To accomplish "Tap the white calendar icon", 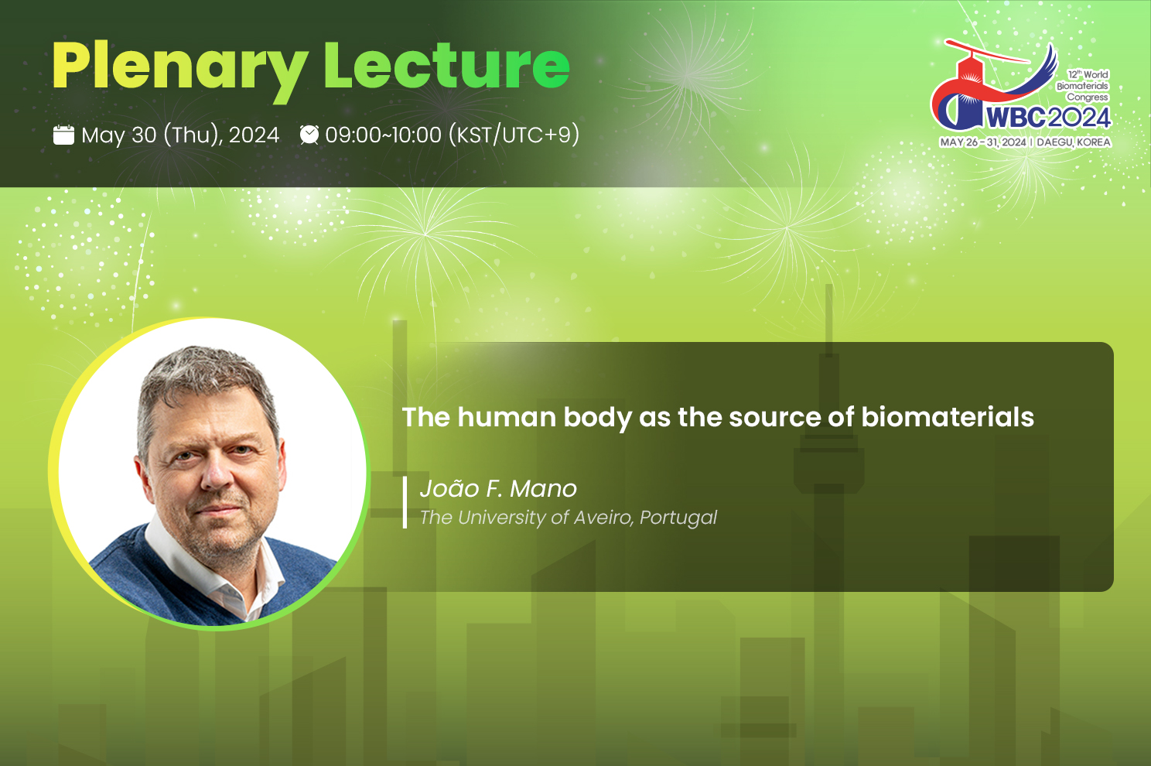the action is [x=63, y=135].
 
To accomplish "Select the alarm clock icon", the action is [x=309, y=135].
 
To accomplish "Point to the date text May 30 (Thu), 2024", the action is [x=180, y=135].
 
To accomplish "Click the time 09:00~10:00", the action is [x=384, y=135].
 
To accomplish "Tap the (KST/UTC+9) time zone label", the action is [x=514, y=135].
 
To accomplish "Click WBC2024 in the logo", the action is [x=1048, y=118].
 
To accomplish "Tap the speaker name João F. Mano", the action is [x=498, y=488].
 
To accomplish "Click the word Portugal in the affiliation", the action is [x=678, y=518].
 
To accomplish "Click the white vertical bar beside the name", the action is [x=405, y=502].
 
